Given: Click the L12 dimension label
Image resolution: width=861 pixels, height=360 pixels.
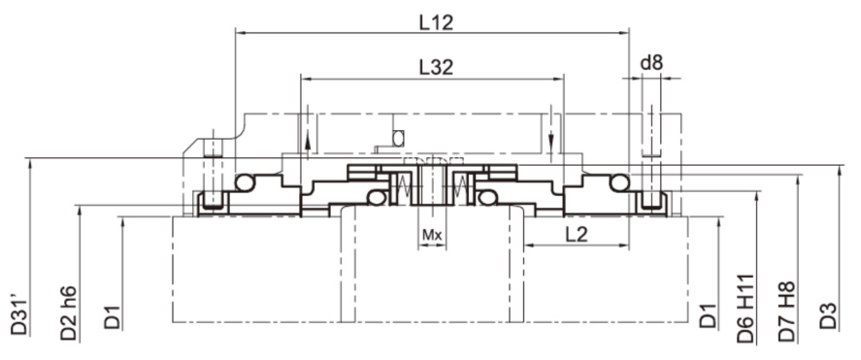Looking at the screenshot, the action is [437, 22].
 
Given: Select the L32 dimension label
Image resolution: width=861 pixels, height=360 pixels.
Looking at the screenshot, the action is [437, 67].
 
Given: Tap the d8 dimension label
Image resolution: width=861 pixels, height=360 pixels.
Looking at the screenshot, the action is [651, 62].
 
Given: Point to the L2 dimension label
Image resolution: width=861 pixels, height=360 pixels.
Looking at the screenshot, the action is [577, 234].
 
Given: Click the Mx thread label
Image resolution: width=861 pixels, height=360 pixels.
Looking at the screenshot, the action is [432, 235].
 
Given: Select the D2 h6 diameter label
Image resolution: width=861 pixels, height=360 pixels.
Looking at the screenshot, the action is [69, 312].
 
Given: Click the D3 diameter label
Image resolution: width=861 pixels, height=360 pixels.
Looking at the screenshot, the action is [827, 315].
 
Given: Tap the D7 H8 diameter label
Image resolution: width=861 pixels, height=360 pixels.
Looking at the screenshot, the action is [787, 311].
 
